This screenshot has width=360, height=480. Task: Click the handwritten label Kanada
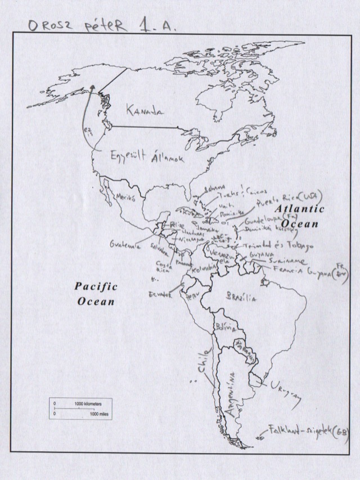(145, 110)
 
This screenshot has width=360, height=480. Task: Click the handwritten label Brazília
(241, 297)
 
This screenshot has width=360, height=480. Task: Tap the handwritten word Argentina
(232, 397)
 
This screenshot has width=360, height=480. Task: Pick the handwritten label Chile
(203, 361)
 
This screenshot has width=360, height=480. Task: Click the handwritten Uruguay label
(285, 392)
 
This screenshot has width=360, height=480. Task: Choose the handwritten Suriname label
(287, 262)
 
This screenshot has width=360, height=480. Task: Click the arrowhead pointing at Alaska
(92, 87)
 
